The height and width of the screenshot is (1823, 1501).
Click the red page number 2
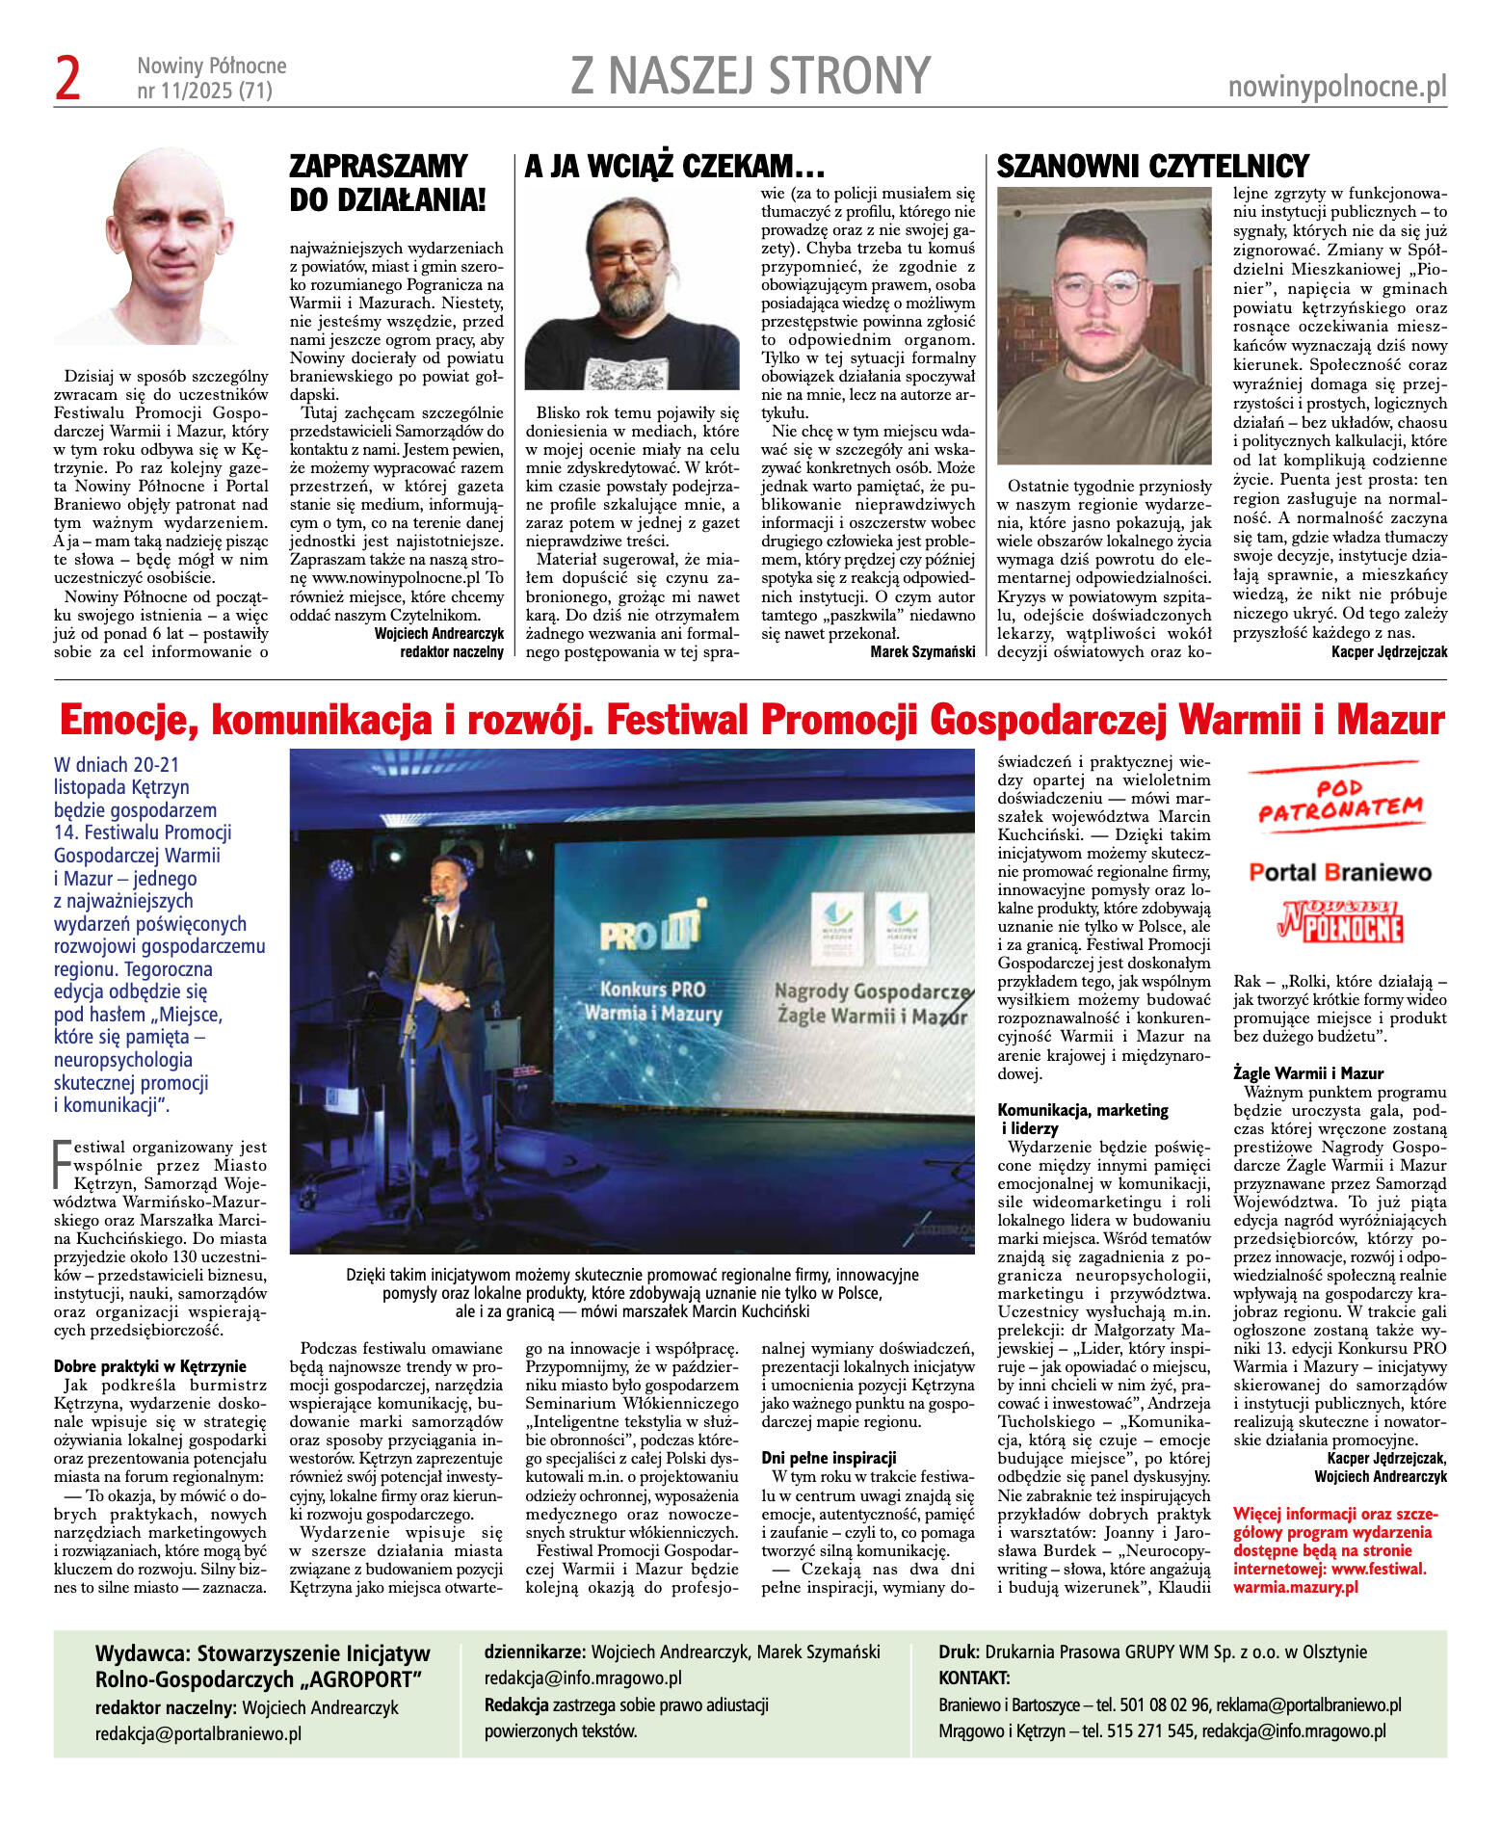coord(68,79)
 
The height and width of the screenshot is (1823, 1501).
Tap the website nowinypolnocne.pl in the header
coord(1337,88)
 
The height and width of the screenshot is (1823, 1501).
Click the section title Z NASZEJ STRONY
coord(750,76)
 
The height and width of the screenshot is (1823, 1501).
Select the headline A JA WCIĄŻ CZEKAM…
coord(674,167)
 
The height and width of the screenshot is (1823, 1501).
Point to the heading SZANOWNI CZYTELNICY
coord(1152,167)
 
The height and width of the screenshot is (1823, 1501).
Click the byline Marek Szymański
coord(922,652)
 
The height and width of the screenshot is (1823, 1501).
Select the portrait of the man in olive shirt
coord(1104,326)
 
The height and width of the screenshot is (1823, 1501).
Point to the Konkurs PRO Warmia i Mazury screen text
coord(660,1001)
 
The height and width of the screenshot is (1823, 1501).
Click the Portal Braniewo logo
coord(1339,873)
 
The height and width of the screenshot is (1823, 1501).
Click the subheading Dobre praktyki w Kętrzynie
coord(149,1366)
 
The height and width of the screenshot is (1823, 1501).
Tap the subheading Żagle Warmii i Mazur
coord(1307,1073)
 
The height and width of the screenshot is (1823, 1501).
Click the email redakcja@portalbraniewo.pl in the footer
coord(197,1733)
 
